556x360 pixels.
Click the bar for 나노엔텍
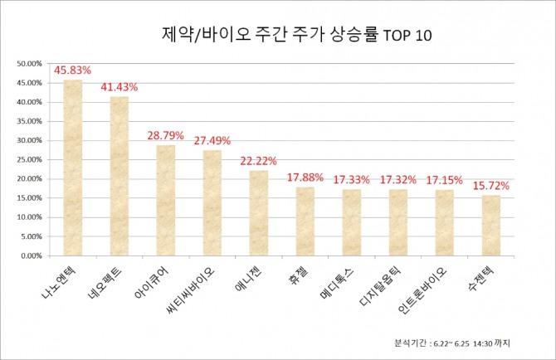click(x=73, y=168)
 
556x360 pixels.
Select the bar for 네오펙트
click(x=119, y=176)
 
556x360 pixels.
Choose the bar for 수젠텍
click(x=491, y=225)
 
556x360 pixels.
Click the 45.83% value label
click(x=72, y=71)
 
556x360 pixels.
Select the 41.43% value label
click(x=119, y=87)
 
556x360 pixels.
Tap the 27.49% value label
click(x=212, y=140)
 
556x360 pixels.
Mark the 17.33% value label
click(x=352, y=178)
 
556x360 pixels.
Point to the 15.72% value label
click(x=491, y=184)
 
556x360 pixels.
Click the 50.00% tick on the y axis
click(x=29, y=64)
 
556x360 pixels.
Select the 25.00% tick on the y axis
click(x=29, y=159)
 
